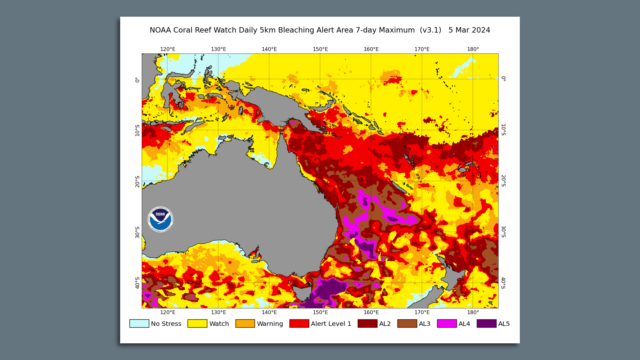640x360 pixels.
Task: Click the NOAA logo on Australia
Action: pyautogui.click(x=160, y=219)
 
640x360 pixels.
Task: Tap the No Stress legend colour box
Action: pyautogui.click(x=139, y=324)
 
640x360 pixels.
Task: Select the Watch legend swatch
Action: pyautogui.click(x=197, y=324)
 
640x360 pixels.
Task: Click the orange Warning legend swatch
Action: pyautogui.click(x=245, y=324)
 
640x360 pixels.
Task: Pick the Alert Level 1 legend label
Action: pyautogui.click(x=331, y=324)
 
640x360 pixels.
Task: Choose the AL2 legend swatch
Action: pyautogui.click(x=367, y=324)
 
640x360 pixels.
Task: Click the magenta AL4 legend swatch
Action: pyautogui.click(x=447, y=324)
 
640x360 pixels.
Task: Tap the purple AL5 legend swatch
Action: pyautogui.click(x=486, y=324)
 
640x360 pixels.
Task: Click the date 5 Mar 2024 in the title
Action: pyautogui.click(x=469, y=30)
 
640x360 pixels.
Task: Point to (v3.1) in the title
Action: pyautogui.click(x=430, y=30)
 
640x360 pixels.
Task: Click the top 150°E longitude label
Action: pyautogui.click(x=320, y=49)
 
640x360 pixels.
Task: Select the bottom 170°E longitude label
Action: pyautogui.click(x=422, y=312)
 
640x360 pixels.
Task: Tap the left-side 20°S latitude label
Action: pyautogui.click(x=137, y=182)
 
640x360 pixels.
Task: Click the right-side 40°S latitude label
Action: pyautogui.click(x=503, y=283)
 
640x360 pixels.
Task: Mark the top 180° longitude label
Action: pyautogui.click(x=473, y=49)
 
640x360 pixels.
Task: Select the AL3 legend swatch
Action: pyautogui.click(x=407, y=324)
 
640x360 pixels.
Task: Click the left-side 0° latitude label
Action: pyautogui.click(x=137, y=80)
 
